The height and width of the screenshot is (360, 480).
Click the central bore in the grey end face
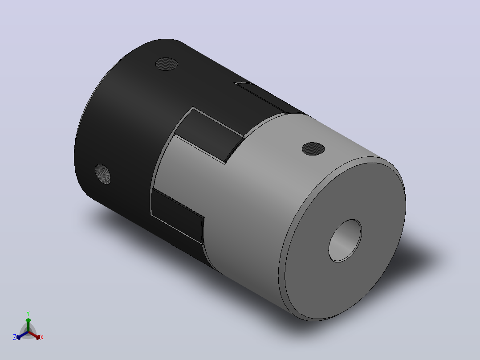click(x=345, y=241)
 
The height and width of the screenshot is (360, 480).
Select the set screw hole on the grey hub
click(x=313, y=149)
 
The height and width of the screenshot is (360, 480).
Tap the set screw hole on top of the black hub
click(x=167, y=64)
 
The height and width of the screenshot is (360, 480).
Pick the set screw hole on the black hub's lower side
click(x=102, y=174)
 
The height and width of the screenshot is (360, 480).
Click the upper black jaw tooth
click(x=209, y=134)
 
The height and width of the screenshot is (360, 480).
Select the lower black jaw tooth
click(x=177, y=214)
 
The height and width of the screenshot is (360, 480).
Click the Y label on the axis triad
click(x=28, y=313)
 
